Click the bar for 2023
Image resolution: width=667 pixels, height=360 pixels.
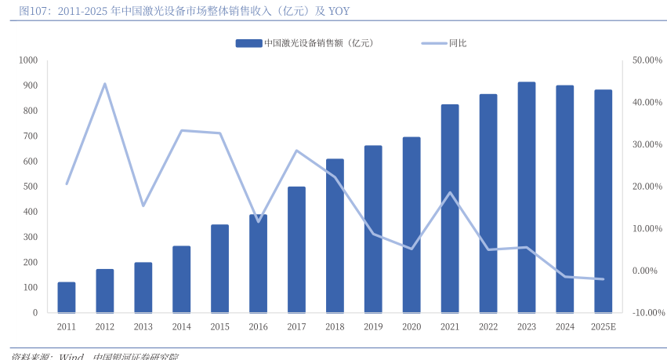[527, 197]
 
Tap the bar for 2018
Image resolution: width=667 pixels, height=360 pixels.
[335, 235]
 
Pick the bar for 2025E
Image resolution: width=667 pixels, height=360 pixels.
[604, 201]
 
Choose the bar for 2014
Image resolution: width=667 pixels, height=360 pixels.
[181, 279]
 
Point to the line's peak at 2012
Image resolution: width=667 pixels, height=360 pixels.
[105, 84]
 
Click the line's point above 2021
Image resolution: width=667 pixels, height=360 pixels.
[450, 193]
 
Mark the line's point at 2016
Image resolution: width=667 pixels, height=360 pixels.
[258, 221]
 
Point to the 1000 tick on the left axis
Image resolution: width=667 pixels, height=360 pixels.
[28, 60]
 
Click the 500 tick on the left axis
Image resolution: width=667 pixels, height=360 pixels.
[31, 187]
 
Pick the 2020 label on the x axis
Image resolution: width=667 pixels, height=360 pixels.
[411, 326]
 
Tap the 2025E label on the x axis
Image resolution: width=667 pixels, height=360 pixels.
[604, 326]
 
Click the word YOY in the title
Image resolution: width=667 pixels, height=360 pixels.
[338, 10]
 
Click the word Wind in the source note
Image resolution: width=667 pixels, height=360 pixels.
[71, 357]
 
